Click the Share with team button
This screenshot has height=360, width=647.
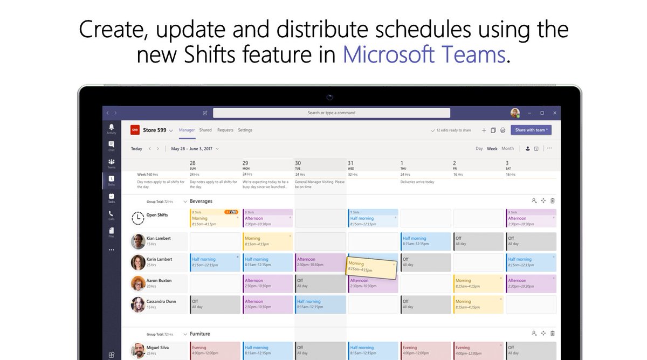pyautogui.click(x=532, y=130)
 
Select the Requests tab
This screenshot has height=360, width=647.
pyautogui.click(x=225, y=130)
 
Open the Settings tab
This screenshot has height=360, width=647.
pyautogui.click(x=245, y=130)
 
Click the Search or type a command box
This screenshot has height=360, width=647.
pyautogui.click(x=331, y=113)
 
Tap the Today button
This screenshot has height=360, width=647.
pyautogui.click(x=136, y=149)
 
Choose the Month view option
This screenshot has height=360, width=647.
pyautogui.click(x=507, y=149)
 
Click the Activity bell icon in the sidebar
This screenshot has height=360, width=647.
pyautogui.click(x=111, y=128)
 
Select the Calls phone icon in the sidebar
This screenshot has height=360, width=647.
pyautogui.click(x=111, y=214)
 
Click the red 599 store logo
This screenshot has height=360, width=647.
pyautogui.click(x=135, y=130)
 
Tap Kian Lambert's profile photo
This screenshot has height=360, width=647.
pyautogui.click(x=138, y=241)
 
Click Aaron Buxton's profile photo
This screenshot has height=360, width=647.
pyautogui.click(x=138, y=283)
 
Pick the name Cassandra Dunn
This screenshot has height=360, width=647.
pyautogui.click(x=160, y=302)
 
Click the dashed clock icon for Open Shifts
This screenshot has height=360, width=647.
pyautogui.click(x=138, y=218)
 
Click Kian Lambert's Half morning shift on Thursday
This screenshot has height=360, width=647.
pyautogui.click(x=426, y=241)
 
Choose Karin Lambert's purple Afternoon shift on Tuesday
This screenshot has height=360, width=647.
pyautogui.click(x=320, y=262)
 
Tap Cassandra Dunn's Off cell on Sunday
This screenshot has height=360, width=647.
pyautogui.click(x=215, y=304)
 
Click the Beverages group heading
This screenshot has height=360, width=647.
pyautogui.click(x=201, y=201)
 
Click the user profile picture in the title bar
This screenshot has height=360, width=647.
pyautogui.click(x=515, y=113)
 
